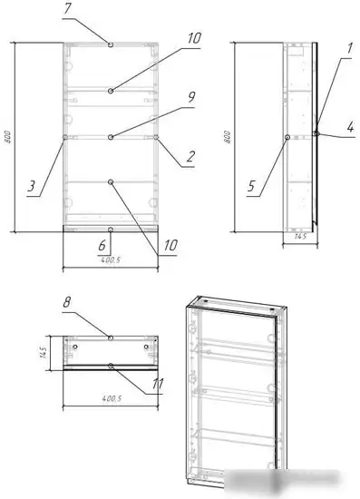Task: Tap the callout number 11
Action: pos(159,384)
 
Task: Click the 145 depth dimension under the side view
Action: pos(298,238)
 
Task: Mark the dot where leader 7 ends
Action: pos(110,44)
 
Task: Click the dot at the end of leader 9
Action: pos(110,137)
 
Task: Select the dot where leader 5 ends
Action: pos(287,137)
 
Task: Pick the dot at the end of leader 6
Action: pos(110,230)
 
